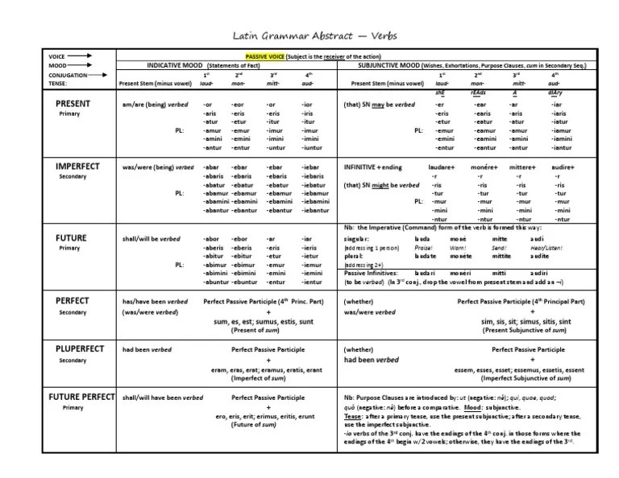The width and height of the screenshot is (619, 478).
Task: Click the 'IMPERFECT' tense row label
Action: pos(77,166)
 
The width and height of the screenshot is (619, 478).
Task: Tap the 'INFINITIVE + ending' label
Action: pos(372,167)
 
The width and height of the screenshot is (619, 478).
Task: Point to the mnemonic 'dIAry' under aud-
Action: pos(556,93)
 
